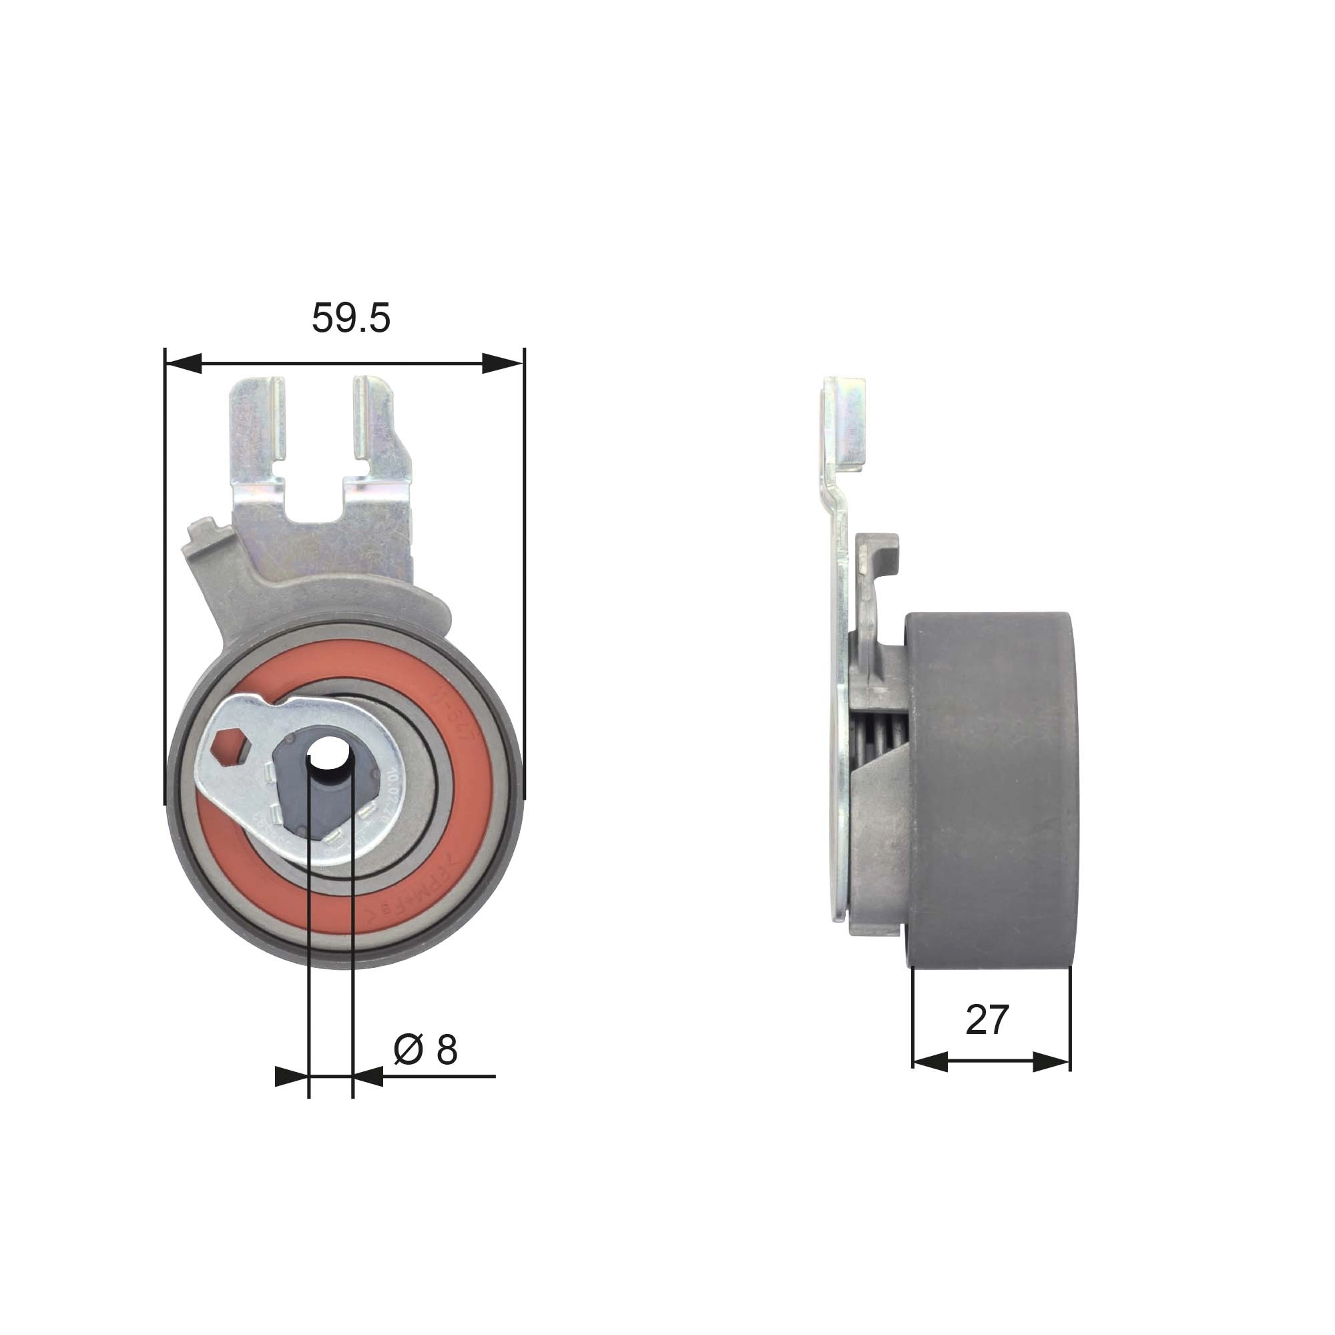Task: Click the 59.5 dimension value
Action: tap(350, 318)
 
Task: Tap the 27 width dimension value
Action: tap(987, 1020)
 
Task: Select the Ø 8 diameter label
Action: tap(425, 1049)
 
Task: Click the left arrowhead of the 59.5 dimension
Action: tap(184, 362)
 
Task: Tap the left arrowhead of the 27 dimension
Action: tap(930, 1062)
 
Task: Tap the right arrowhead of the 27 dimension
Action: tap(1051, 1062)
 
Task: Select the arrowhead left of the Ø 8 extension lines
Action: tap(290, 1077)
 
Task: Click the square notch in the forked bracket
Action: tap(314, 494)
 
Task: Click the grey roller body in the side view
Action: tap(992, 788)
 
